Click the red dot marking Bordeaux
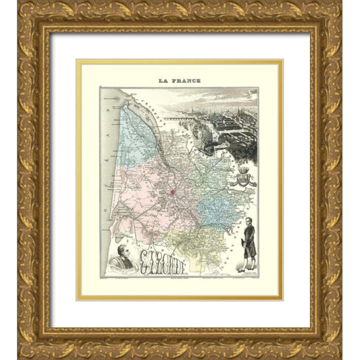(172, 192)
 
